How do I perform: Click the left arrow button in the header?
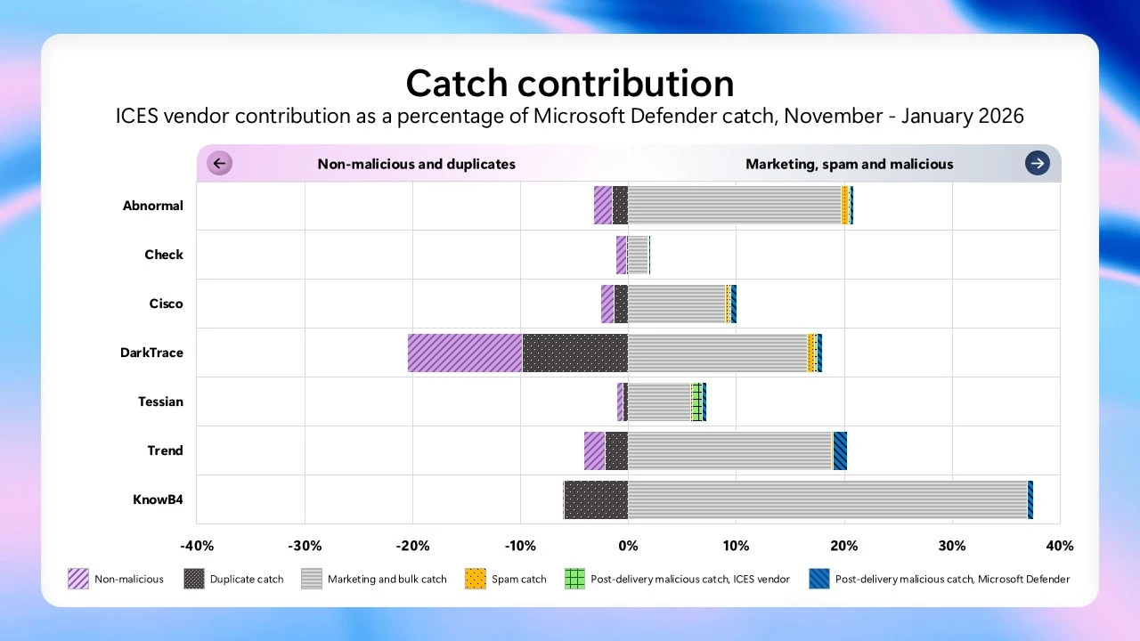coord(219,164)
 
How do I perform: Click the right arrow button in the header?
coord(1037,164)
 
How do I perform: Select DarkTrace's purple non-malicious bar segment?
coord(465,353)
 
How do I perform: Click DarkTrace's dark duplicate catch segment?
coord(574,353)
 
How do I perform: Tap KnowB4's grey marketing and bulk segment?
coord(827,499)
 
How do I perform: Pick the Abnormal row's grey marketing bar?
coord(734,206)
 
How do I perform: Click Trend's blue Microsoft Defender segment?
coord(840,450)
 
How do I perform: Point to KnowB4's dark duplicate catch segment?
coord(596,499)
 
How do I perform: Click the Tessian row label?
coord(160,402)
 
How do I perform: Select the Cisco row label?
coord(166,304)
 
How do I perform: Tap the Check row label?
coord(164,255)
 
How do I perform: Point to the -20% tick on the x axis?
coord(412,546)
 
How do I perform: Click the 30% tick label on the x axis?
coord(952,546)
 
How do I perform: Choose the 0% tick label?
coord(628,546)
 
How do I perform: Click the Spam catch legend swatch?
coord(476,579)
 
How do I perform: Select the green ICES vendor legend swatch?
coord(575,579)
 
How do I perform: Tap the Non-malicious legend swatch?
coord(78,579)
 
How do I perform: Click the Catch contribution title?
coord(570,84)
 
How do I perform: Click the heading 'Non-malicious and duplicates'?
coord(416,164)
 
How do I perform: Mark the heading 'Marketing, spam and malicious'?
coord(849,164)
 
